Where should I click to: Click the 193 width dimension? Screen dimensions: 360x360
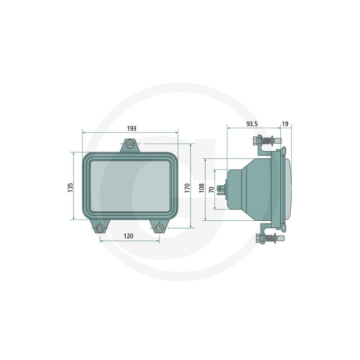coord(131,129)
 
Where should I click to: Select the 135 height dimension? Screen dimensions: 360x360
coord(71,188)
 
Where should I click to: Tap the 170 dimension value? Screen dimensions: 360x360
coord(187,188)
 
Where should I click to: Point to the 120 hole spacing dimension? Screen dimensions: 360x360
coord(129,236)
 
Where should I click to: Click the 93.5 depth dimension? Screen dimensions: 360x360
coord(252,124)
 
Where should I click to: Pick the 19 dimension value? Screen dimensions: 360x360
coord(285,124)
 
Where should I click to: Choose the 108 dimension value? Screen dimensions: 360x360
coord(202,188)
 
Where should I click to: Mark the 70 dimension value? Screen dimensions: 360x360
coord(211,190)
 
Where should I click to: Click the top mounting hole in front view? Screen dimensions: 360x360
coord(130,144)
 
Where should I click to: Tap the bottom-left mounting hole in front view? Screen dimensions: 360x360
coord(100,228)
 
